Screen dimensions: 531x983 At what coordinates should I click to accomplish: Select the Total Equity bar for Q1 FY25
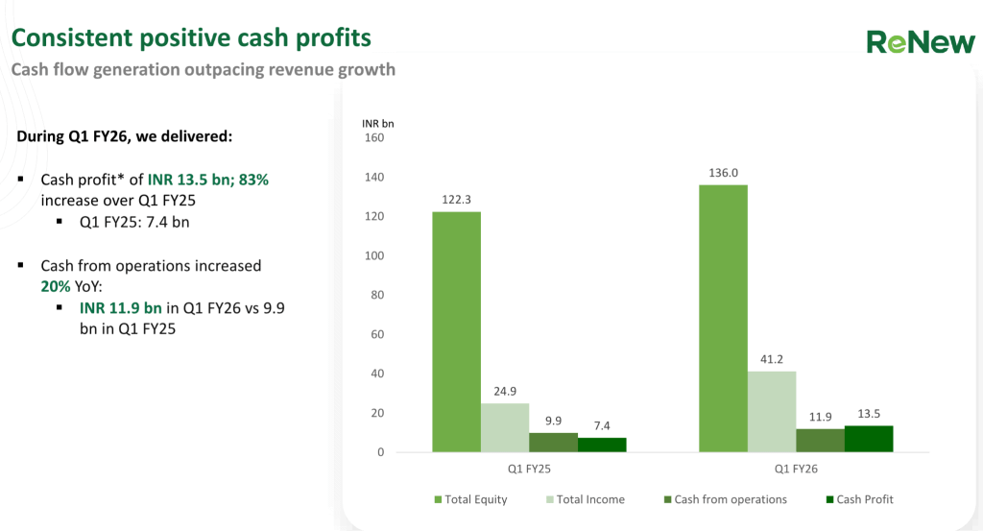[x=456, y=331]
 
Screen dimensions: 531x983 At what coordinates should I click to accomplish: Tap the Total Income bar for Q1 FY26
[x=772, y=411]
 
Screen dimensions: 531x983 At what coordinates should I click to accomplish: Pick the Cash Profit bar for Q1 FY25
[x=602, y=445]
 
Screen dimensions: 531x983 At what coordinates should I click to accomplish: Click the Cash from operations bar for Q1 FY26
[x=820, y=440]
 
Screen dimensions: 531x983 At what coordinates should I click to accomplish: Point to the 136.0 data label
[x=723, y=173]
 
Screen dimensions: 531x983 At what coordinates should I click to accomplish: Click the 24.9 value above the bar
[x=505, y=392]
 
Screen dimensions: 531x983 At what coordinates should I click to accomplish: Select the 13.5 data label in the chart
[x=869, y=414]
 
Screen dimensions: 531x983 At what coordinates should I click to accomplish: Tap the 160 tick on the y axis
[x=373, y=138]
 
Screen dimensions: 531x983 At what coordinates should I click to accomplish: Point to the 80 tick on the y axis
[x=376, y=295]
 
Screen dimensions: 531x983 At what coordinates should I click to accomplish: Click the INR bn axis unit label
[x=377, y=123]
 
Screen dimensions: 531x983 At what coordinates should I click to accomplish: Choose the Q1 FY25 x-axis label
[x=529, y=469]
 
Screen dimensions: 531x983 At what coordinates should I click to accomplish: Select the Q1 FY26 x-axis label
[x=796, y=469]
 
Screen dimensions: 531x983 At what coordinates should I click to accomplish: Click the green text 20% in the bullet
[x=56, y=286]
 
